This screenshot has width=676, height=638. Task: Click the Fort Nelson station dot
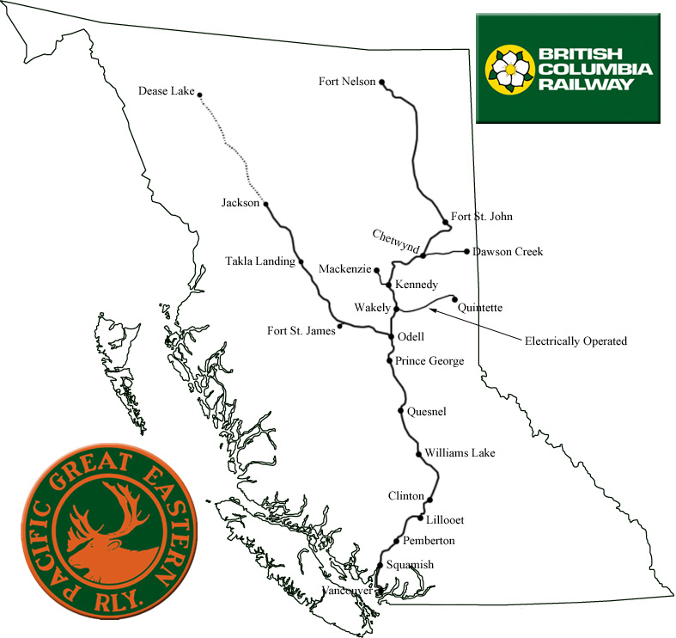pos(382,83)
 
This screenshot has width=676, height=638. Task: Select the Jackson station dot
pos(266,204)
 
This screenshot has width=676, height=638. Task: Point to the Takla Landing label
pos(258,261)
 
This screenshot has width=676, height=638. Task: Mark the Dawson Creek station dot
pos(466,252)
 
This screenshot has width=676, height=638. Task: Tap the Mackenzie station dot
pos(377,270)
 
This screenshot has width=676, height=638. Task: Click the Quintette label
pos(480,307)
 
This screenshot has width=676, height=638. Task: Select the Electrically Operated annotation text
pos(576,341)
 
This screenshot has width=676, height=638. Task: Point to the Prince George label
pos(430,361)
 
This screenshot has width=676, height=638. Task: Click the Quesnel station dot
pos(401,411)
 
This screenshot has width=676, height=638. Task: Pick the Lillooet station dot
pos(420,518)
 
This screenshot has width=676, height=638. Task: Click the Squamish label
pos(411,564)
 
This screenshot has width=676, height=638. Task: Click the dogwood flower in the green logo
pos(509,69)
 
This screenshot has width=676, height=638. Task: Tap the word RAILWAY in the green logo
pos(587,84)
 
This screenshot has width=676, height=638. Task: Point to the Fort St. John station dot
pos(446,223)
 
